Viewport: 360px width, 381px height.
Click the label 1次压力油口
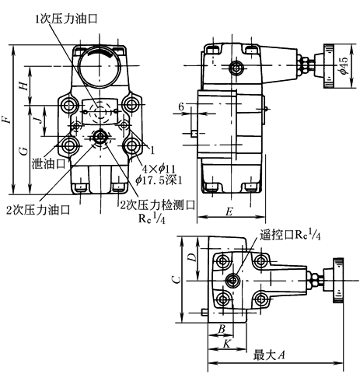pyautogui.click(x=66, y=19)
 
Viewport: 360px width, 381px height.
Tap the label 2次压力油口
pyautogui.click(x=38, y=210)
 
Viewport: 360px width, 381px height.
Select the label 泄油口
pyautogui.click(x=48, y=164)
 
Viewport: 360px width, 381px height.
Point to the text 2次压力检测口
pyautogui.click(x=157, y=205)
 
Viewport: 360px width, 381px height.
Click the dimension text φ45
pyautogui.click(x=344, y=65)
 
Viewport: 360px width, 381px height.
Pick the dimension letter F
pyautogui.click(x=6, y=120)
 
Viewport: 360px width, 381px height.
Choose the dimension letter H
pyautogui.click(x=24, y=86)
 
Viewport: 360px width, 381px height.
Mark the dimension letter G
pyautogui.click(x=24, y=151)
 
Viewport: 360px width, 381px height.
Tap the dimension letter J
pyautogui.click(x=38, y=120)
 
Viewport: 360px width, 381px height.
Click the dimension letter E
pyautogui.click(x=229, y=212)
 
